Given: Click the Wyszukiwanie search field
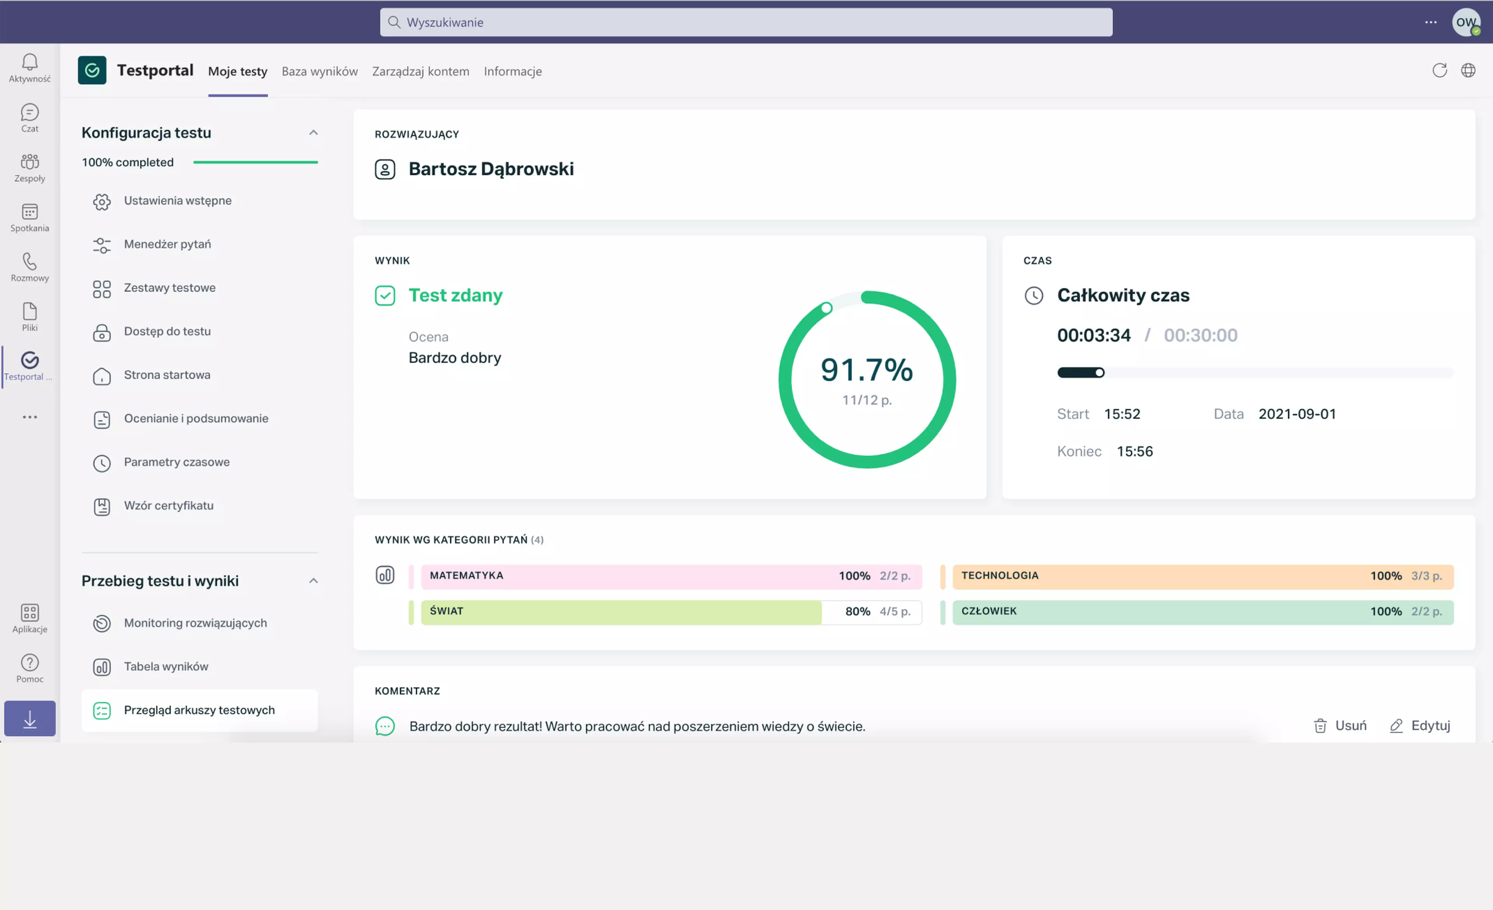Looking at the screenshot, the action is point(746,23).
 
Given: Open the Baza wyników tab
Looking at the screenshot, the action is point(319,72).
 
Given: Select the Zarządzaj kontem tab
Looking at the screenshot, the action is point(421,72).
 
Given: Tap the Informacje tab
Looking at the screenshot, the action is point(512,72).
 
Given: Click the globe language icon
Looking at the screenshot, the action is point(1468,70).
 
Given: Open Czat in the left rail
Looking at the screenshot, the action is point(30,117).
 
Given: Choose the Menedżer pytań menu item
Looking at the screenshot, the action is point(167,244).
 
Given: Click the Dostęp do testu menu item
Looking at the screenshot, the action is point(167,331).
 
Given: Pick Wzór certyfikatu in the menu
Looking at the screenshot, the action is point(168,506).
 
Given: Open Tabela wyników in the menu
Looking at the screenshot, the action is point(166,667).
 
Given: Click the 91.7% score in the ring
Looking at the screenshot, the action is point(867,369).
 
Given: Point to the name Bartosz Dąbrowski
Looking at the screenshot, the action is point(491,169).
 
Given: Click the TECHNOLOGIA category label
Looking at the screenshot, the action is point(1000,576).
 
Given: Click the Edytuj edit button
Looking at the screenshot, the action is point(1420,726).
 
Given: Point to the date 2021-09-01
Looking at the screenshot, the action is point(1297,415).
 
